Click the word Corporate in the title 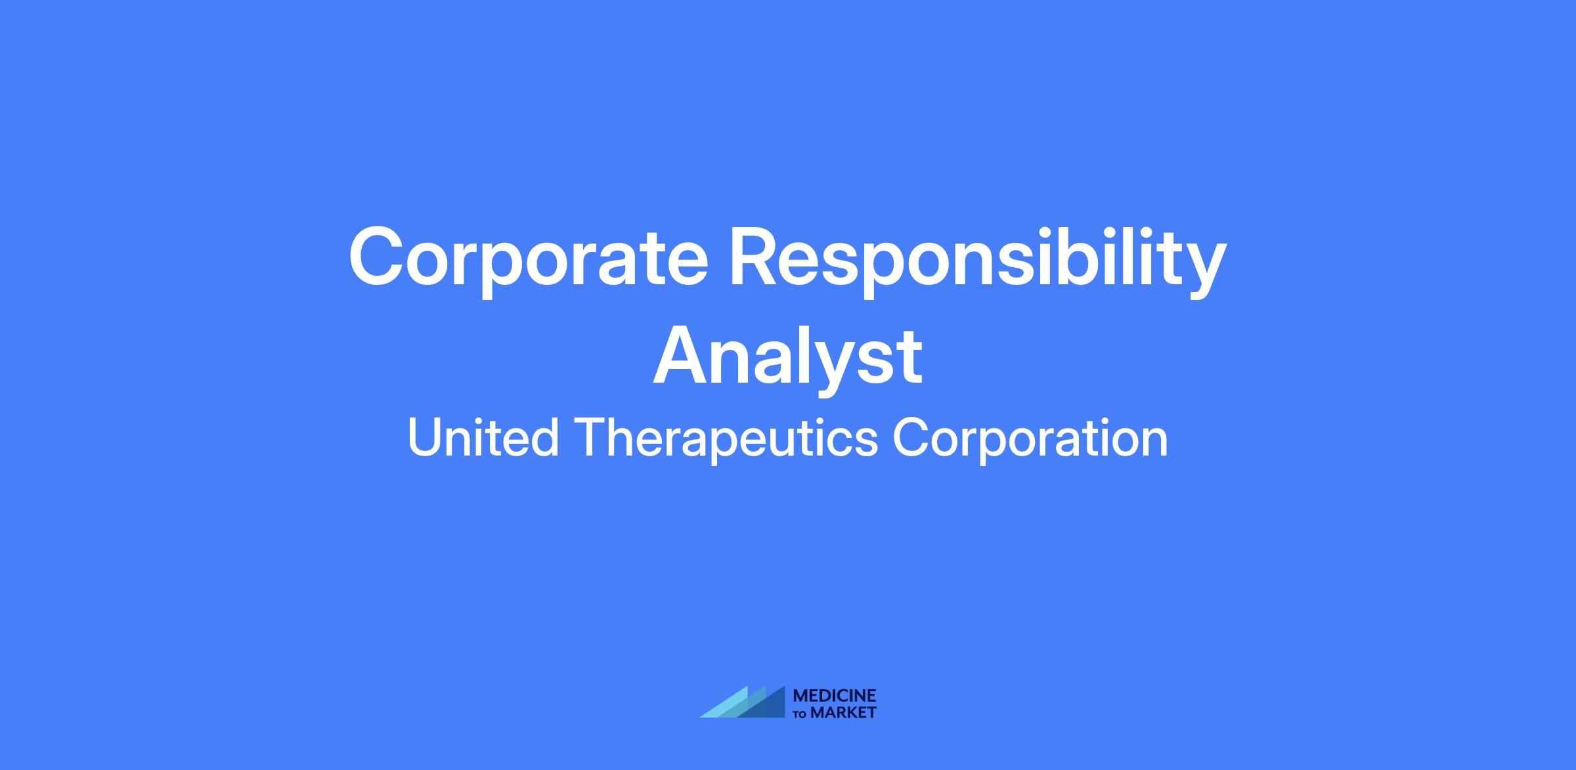tap(529, 259)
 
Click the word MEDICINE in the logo tap(835, 696)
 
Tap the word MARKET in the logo tap(844, 712)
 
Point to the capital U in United tap(426, 438)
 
